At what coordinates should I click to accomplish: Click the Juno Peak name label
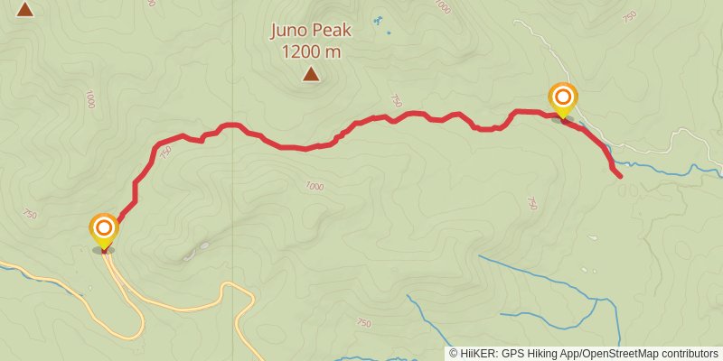click(x=311, y=31)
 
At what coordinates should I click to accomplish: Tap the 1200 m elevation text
click(x=311, y=51)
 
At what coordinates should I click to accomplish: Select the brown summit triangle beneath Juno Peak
click(x=311, y=74)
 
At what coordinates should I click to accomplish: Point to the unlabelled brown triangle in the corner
click(x=25, y=9)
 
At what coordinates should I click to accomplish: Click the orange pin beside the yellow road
click(x=104, y=229)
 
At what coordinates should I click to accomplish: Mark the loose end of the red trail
click(x=620, y=176)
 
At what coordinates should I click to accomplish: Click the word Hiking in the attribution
click(x=540, y=354)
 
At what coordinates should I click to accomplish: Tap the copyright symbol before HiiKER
click(x=454, y=354)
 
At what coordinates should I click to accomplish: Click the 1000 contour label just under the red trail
click(x=314, y=187)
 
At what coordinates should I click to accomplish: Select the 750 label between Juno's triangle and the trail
click(x=395, y=100)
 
